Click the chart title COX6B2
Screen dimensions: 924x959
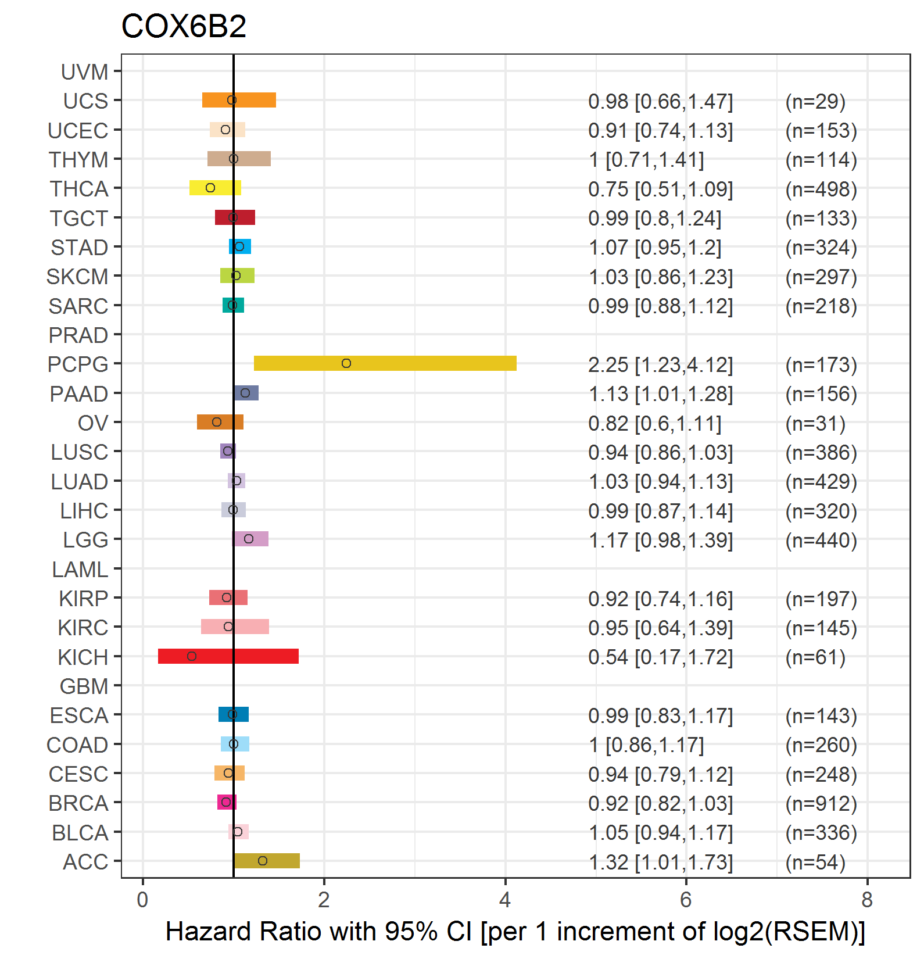pyautogui.click(x=184, y=26)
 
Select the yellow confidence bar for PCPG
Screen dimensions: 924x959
pyautogui.click(x=385, y=363)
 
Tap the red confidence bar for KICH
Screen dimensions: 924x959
pyautogui.click(x=228, y=656)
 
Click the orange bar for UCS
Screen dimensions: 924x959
pyautogui.click(x=239, y=100)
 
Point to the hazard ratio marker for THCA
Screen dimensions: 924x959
pyautogui.click(x=210, y=188)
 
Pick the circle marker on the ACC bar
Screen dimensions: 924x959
pyautogui.click(x=263, y=861)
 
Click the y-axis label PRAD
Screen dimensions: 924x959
pyautogui.click(x=78, y=335)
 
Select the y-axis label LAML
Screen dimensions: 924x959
pyautogui.click(x=80, y=570)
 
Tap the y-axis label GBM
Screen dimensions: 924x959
pyautogui.click(x=84, y=686)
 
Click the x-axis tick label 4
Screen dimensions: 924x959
pyautogui.click(x=505, y=900)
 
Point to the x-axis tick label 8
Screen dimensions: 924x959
pyautogui.click(x=867, y=900)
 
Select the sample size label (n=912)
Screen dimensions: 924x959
pyautogui.click(x=821, y=803)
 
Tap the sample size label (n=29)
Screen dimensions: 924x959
pyautogui.click(x=815, y=101)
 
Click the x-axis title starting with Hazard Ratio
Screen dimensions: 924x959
pyautogui.click(x=515, y=932)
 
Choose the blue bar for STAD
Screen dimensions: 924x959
pyautogui.click(x=240, y=246)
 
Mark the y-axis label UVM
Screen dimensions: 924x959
pyautogui.click(x=85, y=72)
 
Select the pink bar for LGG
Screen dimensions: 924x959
pyautogui.click(x=250, y=539)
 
